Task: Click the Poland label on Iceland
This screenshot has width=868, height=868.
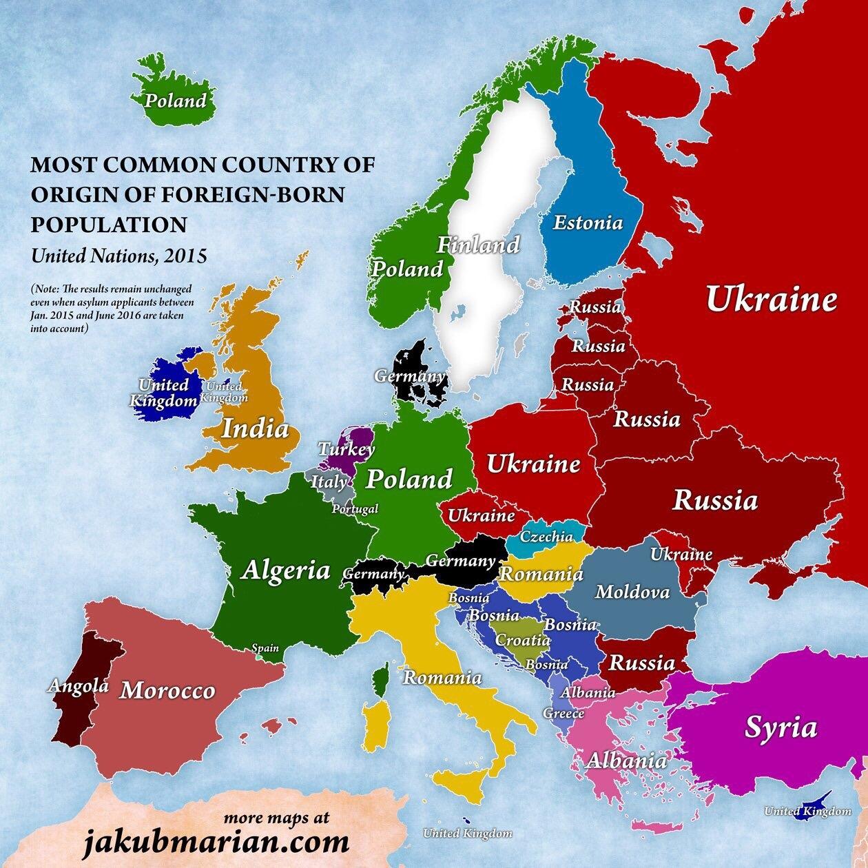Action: [176, 101]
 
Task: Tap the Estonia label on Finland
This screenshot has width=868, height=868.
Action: [588, 223]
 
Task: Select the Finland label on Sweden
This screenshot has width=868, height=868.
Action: [479, 245]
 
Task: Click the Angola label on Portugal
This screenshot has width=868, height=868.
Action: [78, 685]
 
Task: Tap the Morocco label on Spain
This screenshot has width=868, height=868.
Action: [167, 690]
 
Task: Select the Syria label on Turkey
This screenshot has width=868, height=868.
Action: [781, 727]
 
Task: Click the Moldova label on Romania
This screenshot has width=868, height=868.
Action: [632, 592]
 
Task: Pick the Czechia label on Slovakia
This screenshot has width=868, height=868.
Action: [547, 537]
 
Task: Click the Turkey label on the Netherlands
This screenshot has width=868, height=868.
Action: [346, 450]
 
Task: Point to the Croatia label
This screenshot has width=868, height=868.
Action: [524, 640]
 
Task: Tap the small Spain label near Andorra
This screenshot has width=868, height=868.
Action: [266, 648]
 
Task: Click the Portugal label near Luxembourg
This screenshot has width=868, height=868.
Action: [355, 509]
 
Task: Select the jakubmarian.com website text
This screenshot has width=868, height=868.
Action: [216, 842]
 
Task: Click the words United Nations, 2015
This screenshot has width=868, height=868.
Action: [119, 256]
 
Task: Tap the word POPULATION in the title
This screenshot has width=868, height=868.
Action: [108, 224]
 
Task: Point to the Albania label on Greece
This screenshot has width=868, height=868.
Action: [626, 761]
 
